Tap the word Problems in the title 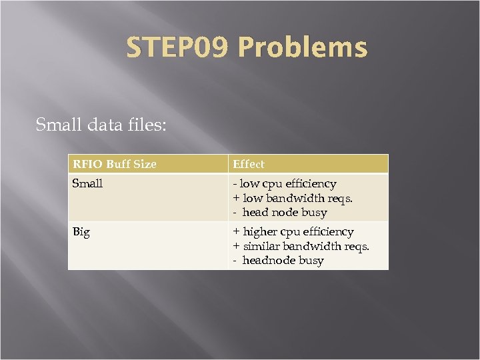[302, 48]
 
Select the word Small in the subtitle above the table [58, 125]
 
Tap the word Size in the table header [145, 164]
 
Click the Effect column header [248, 164]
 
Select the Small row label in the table [87, 183]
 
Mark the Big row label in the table [81, 232]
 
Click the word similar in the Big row [261, 247]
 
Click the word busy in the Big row [311, 261]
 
